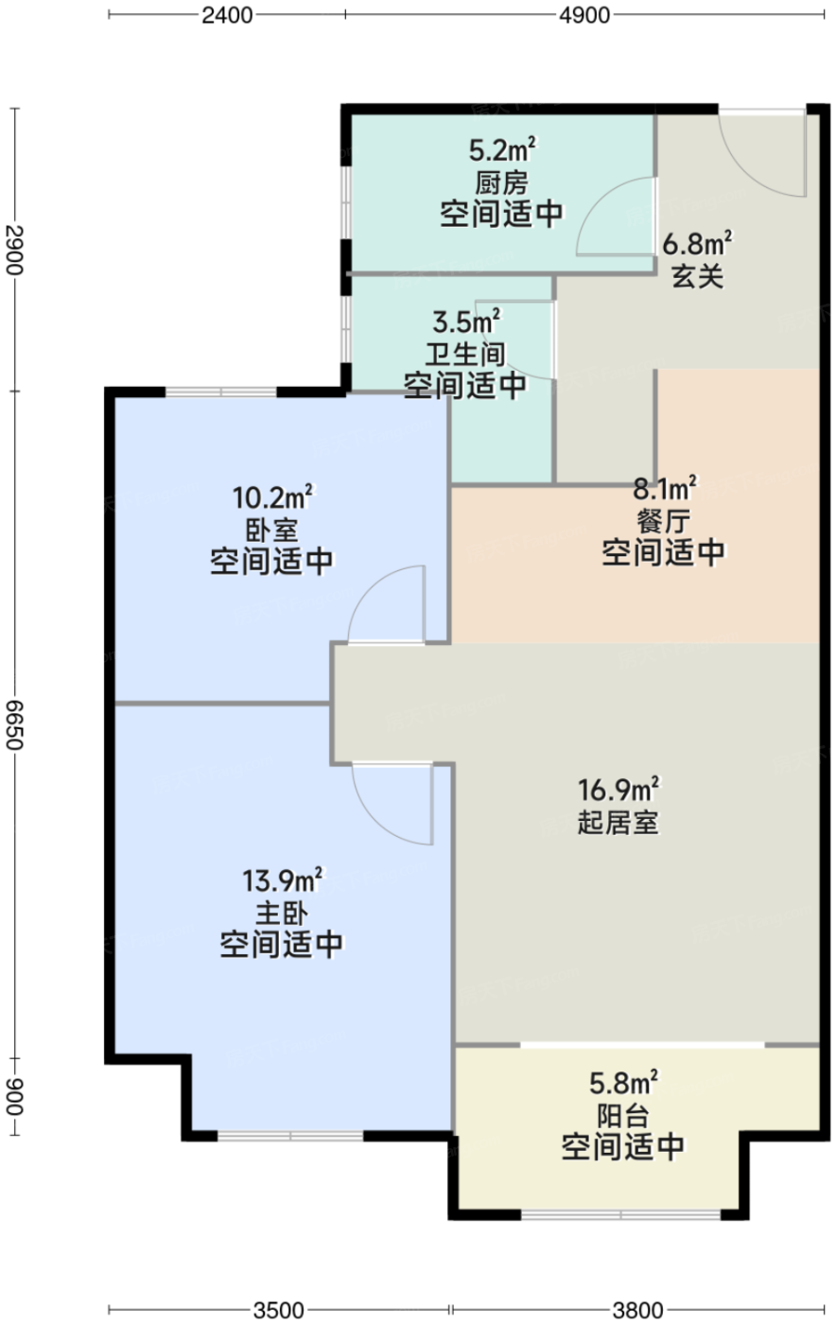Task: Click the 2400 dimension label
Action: tap(227, 15)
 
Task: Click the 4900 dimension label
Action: tap(584, 15)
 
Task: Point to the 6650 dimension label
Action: tap(15, 724)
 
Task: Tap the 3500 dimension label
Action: tap(278, 1310)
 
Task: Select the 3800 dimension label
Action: tap(637, 1310)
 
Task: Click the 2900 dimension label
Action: tap(15, 250)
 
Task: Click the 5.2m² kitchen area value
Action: tap(502, 150)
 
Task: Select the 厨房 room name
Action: tap(501, 183)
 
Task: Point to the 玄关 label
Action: tap(698, 276)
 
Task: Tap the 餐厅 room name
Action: tap(663, 521)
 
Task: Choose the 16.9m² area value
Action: tap(618, 789)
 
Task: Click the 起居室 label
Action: tap(618, 822)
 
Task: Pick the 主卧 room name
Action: tap(282, 914)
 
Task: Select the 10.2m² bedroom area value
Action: tap(273, 497)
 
